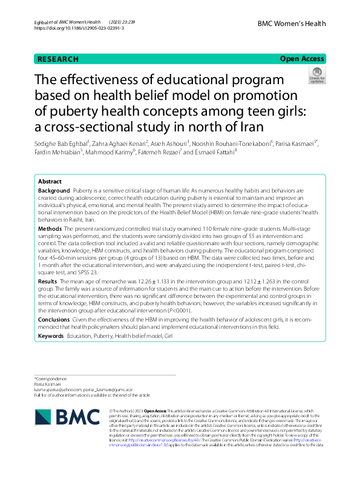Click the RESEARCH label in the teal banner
pos(57,59)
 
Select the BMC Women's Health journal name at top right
pos(292,24)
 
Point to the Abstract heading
pos(50,165)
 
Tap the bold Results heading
pos(48,282)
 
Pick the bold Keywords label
pos(51,335)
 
